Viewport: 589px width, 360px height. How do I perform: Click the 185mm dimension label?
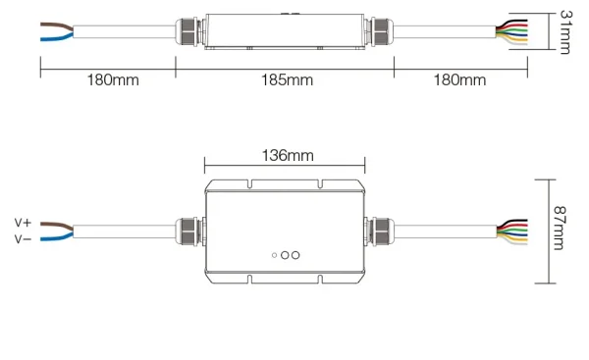pos(287,80)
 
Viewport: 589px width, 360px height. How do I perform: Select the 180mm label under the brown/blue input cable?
pos(113,80)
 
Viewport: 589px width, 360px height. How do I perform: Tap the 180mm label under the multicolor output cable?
pos(459,80)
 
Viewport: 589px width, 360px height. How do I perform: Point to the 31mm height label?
pos(565,32)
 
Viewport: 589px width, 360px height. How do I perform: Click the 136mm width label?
pos(288,155)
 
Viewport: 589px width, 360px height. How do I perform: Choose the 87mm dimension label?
pos(559,228)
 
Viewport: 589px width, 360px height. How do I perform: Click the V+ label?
pos(23,223)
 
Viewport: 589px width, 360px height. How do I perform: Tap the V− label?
pos(23,239)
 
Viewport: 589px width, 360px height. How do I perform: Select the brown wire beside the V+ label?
pos(56,226)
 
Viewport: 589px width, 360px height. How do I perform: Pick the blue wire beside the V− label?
pos(56,236)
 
